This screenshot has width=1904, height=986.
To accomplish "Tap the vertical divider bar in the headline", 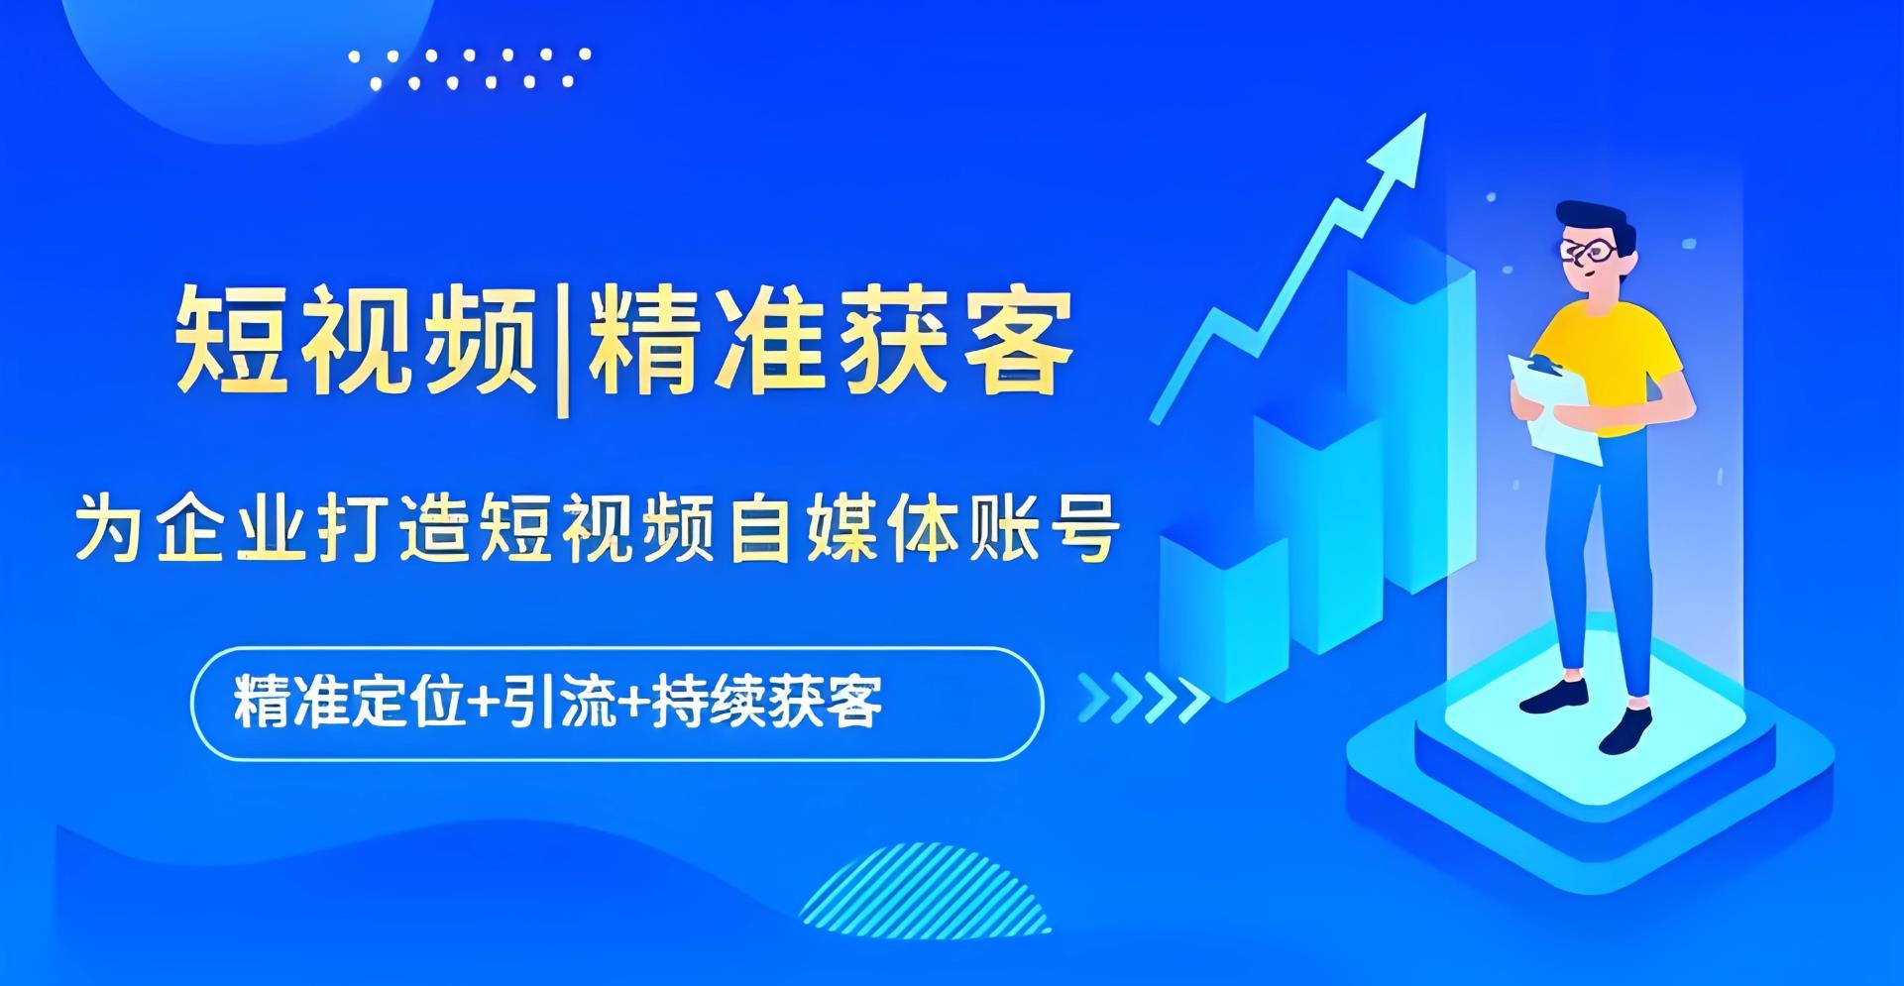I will tap(562, 347).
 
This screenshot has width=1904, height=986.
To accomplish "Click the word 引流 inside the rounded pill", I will tap(561, 703).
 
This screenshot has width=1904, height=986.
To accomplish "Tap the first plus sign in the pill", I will tap(484, 704).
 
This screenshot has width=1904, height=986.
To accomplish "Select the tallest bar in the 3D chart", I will tap(1407, 416).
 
